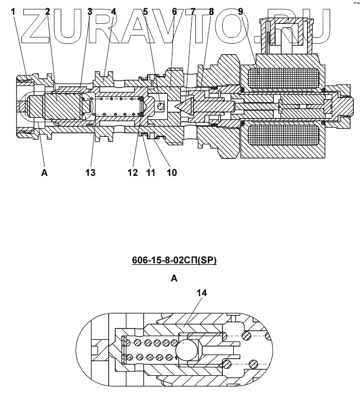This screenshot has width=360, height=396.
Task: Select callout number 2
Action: click(47, 11)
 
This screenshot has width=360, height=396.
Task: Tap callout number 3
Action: click(90, 11)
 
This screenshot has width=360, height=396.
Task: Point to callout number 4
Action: click(114, 11)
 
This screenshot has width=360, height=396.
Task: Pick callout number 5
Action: click(145, 11)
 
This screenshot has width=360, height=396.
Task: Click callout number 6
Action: click(174, 11)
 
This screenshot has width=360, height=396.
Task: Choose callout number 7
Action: click(193, 11)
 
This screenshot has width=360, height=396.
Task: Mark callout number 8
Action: click(211, 11)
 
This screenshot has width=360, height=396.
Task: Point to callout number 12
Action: click(134, 173)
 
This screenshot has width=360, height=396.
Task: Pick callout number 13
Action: click(91, 173)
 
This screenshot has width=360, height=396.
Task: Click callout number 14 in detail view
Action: click(202, 293)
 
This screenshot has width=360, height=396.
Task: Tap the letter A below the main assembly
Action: click(44, 173)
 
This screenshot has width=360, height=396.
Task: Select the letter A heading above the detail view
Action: click(175, 279)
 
